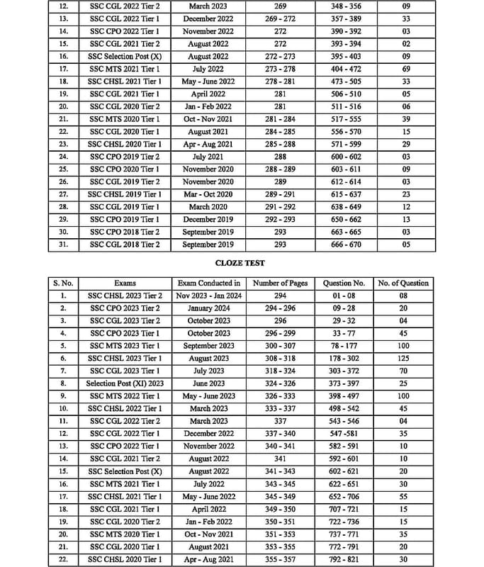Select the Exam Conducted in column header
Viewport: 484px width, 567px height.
(x=209, y=283)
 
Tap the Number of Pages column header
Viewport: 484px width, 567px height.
(x=280, y=283)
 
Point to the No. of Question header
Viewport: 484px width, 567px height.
(x=404, y=283)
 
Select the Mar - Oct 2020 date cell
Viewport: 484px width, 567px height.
(x=209, y=194)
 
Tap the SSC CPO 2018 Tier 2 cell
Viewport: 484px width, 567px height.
(x=125, y=232)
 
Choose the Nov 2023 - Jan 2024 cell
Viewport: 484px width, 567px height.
(x=209, y=296)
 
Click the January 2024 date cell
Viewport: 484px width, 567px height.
(x=209, y=308)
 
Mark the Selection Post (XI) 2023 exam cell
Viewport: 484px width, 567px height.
(x=125, y=383)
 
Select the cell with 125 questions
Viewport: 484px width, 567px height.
(x=404, y=358)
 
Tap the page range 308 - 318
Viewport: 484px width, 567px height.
(x=280, y=358)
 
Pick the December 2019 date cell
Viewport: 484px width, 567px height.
(x=209, y=220)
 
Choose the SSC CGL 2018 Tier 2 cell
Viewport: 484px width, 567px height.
(x=125, y=245)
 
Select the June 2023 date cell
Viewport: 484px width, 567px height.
(x=209, y=383)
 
